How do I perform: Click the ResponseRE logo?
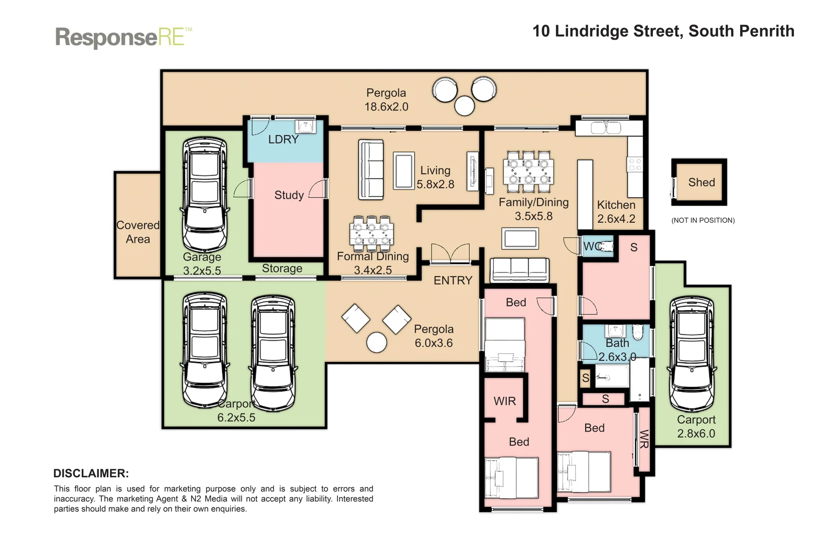coord(123,38)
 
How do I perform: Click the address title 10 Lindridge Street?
coord(663,31)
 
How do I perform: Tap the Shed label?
coord(701,183)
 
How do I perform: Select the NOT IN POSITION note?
coord(703,220)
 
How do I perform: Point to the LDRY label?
coord(283,140)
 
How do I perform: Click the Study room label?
coord(289,195)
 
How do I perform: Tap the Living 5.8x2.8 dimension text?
coord(435,184)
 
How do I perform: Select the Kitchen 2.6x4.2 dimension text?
coord(616,219)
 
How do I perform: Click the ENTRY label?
coord(453,281)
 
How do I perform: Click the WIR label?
coord(504,401)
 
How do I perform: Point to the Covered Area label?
coord(138,232)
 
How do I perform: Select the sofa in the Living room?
coord(371,170)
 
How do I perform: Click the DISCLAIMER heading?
coord(91,473)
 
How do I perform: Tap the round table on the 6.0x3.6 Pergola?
coord(376,342)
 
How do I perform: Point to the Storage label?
coord(282,268)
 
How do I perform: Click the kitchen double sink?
coord(606,128)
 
